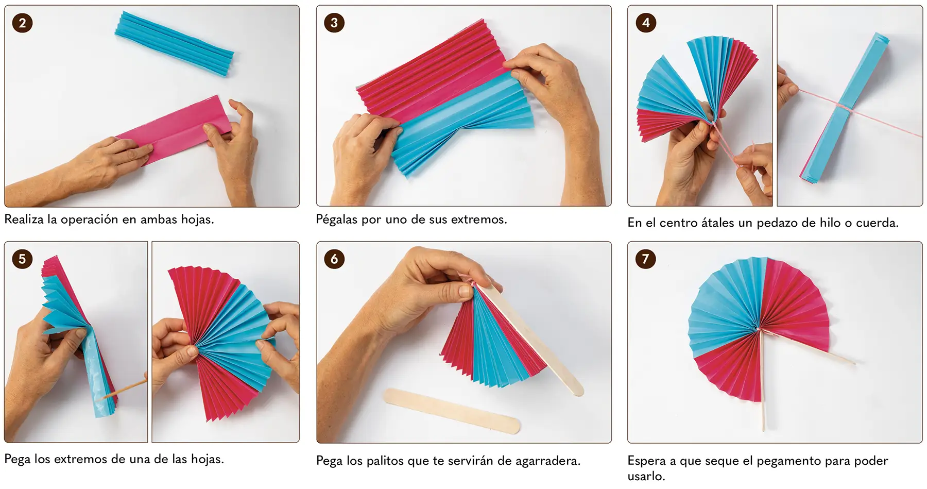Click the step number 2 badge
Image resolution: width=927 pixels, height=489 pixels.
tap(22, 23)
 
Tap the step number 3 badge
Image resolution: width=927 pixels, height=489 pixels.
tap(334, 23)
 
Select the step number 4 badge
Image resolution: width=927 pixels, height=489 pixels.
tap(646, 23)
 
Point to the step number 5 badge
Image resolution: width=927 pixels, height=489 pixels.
tap(22, 259)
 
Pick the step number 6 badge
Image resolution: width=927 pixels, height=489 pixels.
tap(334, 259)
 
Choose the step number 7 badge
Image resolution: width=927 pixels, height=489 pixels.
tap(646, 259)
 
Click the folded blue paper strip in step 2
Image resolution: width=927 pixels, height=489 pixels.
tap(174, 43)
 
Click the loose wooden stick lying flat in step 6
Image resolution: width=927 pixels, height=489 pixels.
tap(452, 411)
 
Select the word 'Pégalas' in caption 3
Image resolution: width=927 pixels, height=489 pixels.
tap(337, 220)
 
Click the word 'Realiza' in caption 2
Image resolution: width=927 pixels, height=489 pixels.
tap(24, 220)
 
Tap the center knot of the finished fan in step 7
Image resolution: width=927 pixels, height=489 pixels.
tap(759, 329)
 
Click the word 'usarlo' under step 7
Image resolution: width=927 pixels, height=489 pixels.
tap(645, 476)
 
